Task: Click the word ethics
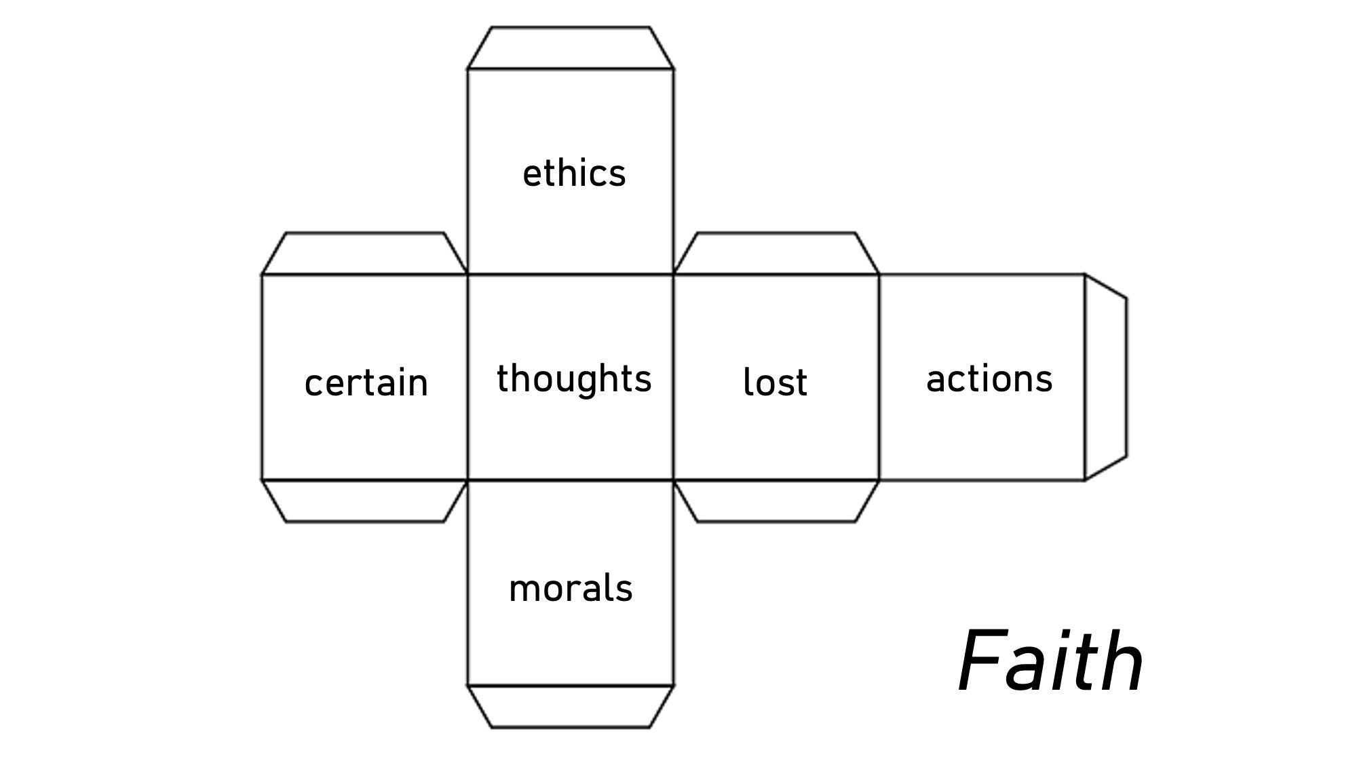tap(574, 174)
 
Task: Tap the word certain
tap(366, 383)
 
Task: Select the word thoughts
tap(574, 378)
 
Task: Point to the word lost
tap(775, 382)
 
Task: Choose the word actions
tap(989, 378)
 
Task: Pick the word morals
tap(571, 588)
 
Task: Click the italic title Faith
tap(1050, 661)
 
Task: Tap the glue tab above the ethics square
tap(571, 48)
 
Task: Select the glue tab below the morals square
tap(571, 707)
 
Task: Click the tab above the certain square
tap(365, 254)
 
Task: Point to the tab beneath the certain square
tap(365, 501)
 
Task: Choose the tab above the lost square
tap(776, 254)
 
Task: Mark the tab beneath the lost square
tap(776, 501)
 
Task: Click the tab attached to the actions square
tap(1105, 377)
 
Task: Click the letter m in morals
tap(523, 589)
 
